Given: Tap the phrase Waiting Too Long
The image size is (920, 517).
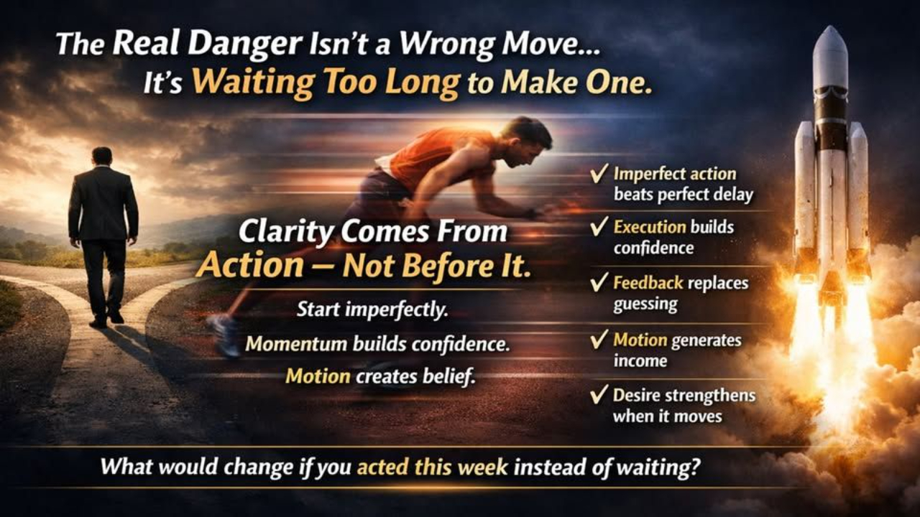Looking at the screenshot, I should (x=326, y=84).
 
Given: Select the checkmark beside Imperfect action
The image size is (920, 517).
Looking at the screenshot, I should (x=598, y=175).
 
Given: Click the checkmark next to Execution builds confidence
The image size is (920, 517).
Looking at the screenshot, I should (x=598, y=228).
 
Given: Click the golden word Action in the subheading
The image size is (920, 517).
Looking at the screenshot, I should (x=249, y=266).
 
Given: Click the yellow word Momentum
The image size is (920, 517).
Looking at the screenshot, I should (x=295, y=343).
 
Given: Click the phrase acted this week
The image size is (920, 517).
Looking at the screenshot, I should (x=433, y=467).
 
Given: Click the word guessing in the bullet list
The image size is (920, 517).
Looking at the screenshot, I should (x=645, y=304).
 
